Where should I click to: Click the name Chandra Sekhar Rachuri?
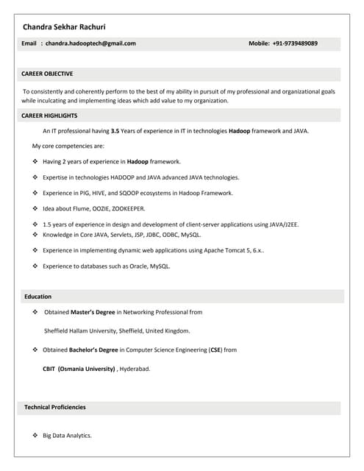[x=64, y=26]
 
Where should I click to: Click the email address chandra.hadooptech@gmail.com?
[x=90, y=43]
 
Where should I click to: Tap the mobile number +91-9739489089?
[x=295, y=43]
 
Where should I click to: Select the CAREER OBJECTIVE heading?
[x=47, y=74]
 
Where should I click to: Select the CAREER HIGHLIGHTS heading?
[x=49, y=116]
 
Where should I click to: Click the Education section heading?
[x=38, y=297]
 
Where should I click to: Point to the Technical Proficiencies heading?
[x=55, y=407]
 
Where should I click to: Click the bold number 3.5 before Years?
[x=115, y=131]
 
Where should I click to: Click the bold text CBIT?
[x=49, y=369]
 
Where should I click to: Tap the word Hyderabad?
[x=135, y=369]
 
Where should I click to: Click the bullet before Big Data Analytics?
[x=35, y=436]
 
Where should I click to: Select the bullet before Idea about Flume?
[x=35, y=208]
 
